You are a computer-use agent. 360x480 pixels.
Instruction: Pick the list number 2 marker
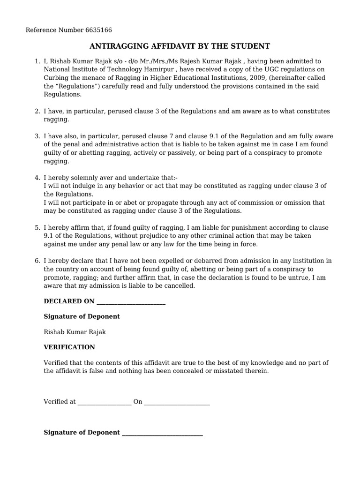coord(37,111)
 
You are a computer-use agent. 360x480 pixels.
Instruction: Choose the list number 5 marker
coord(37,227)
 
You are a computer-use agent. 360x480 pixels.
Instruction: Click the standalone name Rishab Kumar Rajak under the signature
coord(75,332)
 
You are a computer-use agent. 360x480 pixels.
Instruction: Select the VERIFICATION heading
coord(69,347)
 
